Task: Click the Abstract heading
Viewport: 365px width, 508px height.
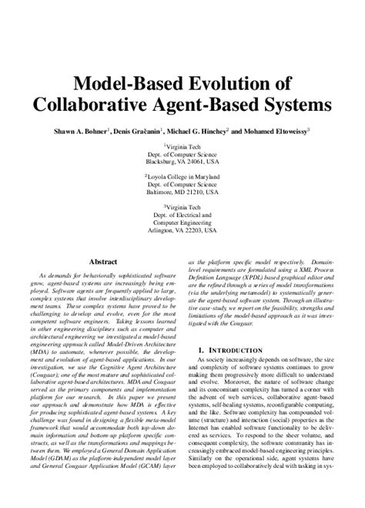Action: pos(102,261)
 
